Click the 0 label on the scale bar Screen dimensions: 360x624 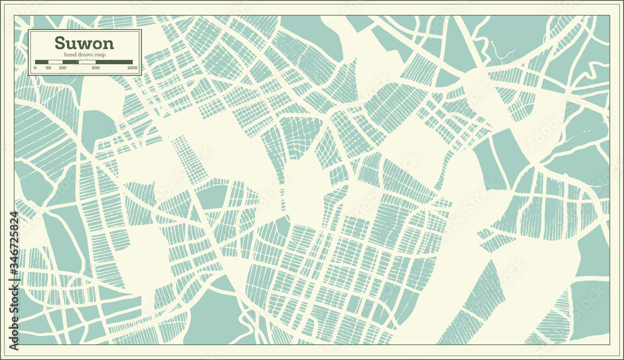tap(35, 67)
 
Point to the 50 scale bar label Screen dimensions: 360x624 tap(49, 67)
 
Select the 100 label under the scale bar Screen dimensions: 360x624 tap(62, 67)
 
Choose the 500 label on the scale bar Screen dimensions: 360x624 tap(95, 67)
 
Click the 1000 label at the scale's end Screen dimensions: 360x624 tap(132, 67)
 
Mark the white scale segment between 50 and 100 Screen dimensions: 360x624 tap(56, 61)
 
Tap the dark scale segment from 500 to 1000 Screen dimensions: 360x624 tap(114, 61)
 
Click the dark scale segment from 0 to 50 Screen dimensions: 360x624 tap(42, 61)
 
